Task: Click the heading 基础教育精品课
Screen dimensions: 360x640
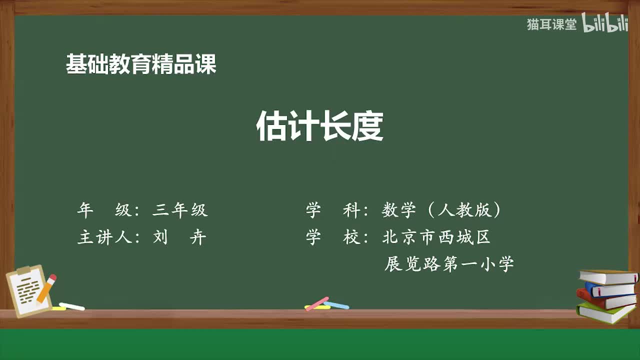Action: (141, 64)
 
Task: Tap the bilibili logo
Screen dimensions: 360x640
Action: (605, 23)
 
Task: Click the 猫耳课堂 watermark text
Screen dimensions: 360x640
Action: (551, 24)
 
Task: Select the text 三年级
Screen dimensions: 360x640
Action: (180, 210)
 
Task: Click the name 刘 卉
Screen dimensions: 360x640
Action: (179, 237)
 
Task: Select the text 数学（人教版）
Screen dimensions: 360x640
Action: (441, 210)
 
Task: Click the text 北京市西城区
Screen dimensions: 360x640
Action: (436, 237)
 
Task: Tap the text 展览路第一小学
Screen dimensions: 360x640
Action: (448, 263)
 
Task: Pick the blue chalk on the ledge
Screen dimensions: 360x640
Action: (337, 305)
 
